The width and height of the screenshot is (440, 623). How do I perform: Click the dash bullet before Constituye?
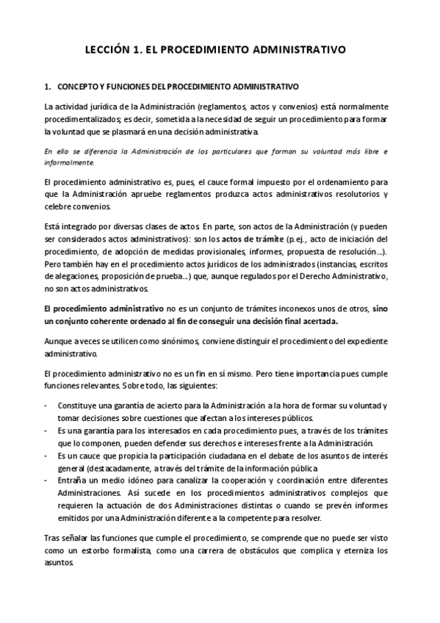(47, 406)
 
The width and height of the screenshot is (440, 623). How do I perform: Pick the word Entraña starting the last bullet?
(73, 479)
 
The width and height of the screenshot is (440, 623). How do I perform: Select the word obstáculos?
(271, 550)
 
